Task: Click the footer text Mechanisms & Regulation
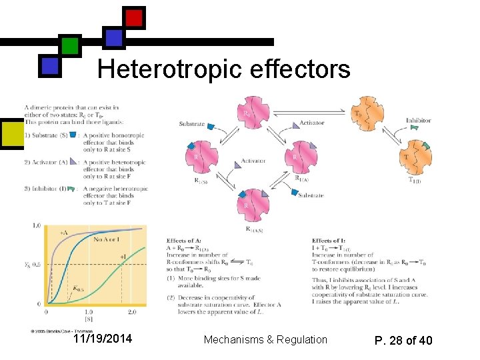[265, 340]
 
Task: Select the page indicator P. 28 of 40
[403, 341]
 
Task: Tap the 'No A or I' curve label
[107, 239]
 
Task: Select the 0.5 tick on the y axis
[36, 265]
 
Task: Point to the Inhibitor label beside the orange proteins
[419, 121]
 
